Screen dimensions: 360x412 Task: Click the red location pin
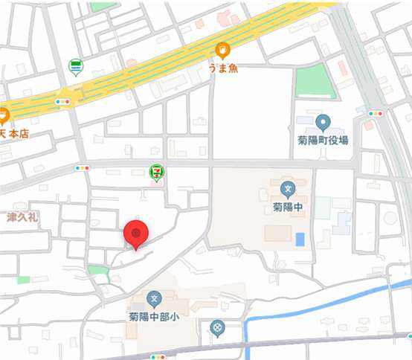click(135, 234)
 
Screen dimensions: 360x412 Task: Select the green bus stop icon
click(75, 68)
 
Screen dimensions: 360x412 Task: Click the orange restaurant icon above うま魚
click(222, 51)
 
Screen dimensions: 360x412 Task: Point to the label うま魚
click(222, 68)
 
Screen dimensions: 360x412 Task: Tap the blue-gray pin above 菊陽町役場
click(323, 123)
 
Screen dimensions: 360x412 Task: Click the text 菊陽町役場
click(324, 140)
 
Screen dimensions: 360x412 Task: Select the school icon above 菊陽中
click(289, 189)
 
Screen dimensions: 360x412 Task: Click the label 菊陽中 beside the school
click(288, 208)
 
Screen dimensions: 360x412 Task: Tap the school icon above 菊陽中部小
click(154, 299)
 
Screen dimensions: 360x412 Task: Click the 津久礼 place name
click(22, 217)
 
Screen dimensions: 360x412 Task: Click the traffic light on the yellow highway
click(62, 101)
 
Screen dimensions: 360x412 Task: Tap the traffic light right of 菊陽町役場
click(376, 114)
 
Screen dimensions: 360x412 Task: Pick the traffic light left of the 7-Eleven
click(83, 168)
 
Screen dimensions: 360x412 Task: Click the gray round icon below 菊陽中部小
click(217, 327)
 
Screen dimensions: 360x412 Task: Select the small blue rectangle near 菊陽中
click(300, 240)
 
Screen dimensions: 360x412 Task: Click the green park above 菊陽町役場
click(315, 80)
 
